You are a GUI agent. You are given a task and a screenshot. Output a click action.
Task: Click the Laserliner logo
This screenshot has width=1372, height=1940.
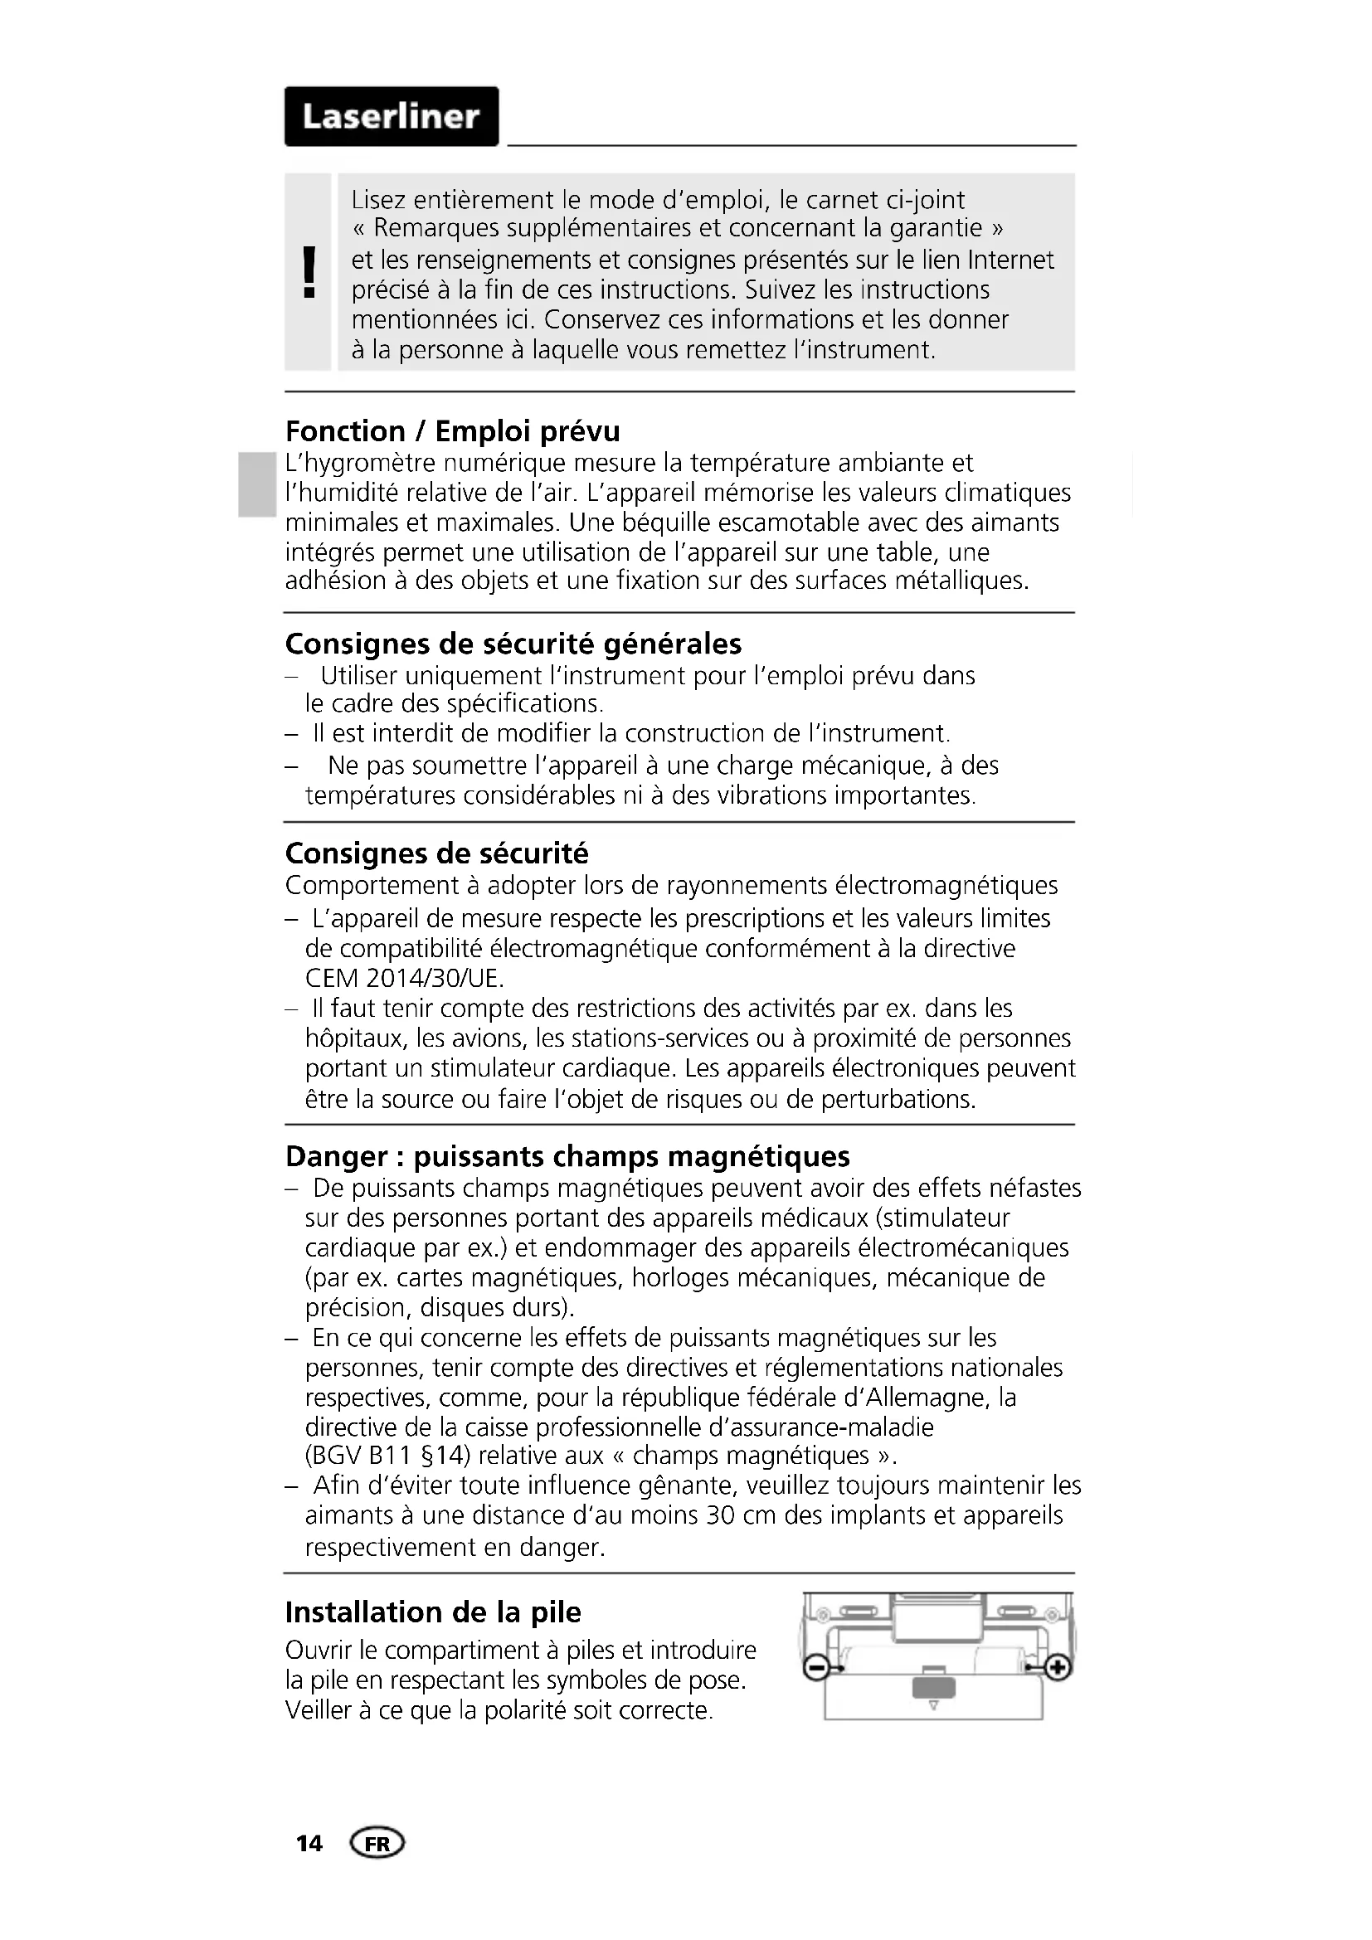click(392, 117)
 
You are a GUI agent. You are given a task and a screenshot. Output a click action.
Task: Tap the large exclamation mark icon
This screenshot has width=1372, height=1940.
click(309, 272)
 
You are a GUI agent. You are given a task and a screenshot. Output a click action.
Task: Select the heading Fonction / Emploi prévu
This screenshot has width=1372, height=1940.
click(452, 432)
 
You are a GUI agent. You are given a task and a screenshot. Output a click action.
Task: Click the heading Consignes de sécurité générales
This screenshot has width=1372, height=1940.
click(513, 644)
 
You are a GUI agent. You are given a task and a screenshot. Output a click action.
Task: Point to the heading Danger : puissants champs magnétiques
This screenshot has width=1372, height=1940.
click(567, 1156)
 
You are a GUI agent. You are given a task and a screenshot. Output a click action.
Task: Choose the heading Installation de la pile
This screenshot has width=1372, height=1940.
click(432, 1612)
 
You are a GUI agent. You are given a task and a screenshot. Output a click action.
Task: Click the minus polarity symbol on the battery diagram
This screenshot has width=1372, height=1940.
click(815, 1668)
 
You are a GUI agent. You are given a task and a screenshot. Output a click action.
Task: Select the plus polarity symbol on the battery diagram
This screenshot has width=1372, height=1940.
click(1058, 1668)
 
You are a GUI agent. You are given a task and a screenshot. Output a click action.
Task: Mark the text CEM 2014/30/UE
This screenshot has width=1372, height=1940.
click(405, 979)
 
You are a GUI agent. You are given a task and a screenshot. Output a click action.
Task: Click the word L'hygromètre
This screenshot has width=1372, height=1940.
click(360, 463)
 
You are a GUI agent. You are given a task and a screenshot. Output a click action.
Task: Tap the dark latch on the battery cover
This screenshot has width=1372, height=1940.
click(932, 1688)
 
